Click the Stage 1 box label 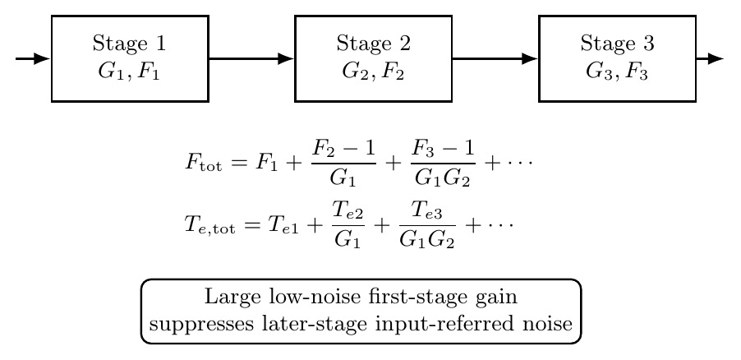(x=130, y=44)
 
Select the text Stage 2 (x=373, y=44)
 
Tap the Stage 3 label (x=617, y=44)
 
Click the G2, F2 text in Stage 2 (x=373, y=72)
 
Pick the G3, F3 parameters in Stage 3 (x=617, y=72)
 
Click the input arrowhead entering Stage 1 (x=42, y=58)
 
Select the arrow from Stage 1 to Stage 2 (x=251, y=58)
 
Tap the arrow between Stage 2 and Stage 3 (x=495, y=58)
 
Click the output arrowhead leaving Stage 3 (x=716, y=58)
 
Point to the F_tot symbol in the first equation (x=203, y=164)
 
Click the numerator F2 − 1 (x=343, y=150)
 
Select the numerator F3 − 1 (x=443, y=150)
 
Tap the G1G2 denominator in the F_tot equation (x=443, y=178)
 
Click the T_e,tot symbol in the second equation (x=209, y=224)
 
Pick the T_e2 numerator (x=347, y=211)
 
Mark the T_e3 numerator (x=427, y=211)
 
